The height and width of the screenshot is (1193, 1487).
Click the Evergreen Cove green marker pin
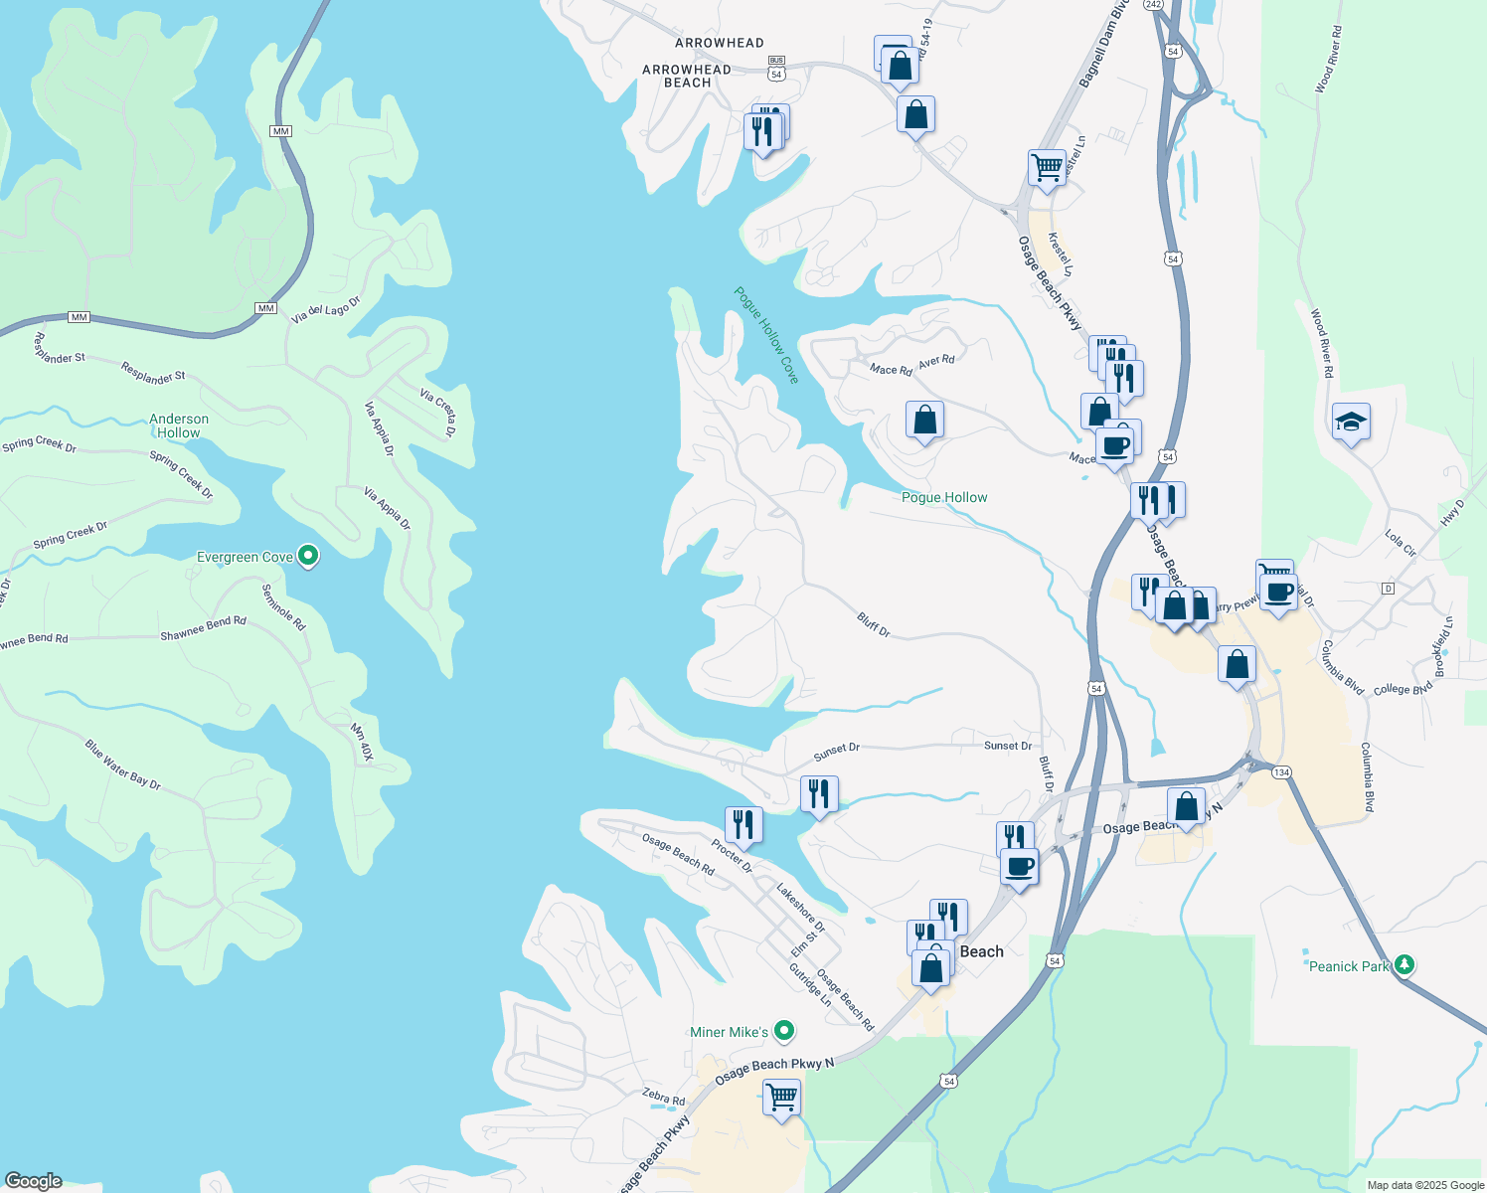pos(308,556)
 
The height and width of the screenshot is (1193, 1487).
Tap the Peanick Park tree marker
pos(1404,964)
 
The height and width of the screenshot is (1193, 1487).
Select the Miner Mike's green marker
pos(784,1031)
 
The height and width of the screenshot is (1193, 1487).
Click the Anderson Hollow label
pos(179,426)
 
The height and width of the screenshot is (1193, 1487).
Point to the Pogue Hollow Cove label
pos(766,334)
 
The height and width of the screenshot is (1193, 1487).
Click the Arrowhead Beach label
pos(687,76)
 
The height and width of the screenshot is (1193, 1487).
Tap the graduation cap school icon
pos(1351,423)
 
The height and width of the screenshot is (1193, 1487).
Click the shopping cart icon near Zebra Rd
pos(781,1098)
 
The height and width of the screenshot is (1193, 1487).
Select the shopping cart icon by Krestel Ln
pos(1046,167)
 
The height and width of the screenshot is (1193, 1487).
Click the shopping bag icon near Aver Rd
pos(924,420)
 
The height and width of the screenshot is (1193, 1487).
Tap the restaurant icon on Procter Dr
pos(743,824)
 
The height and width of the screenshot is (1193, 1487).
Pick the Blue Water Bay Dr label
pos(122,765)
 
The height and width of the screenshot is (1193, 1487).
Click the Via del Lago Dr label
pos(326,310)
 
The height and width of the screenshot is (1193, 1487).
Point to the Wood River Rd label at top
pos(1329,60)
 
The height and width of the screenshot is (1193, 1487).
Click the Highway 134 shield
pos(1281,772)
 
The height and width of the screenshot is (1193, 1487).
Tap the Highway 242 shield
pos(1153,5)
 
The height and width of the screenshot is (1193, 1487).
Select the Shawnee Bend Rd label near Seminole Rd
pos(203,628)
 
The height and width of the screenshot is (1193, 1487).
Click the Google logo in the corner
pos(33,1181)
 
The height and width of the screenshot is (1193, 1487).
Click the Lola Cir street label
pos(1401,542)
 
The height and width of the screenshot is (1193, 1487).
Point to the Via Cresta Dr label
pos(437,413)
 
